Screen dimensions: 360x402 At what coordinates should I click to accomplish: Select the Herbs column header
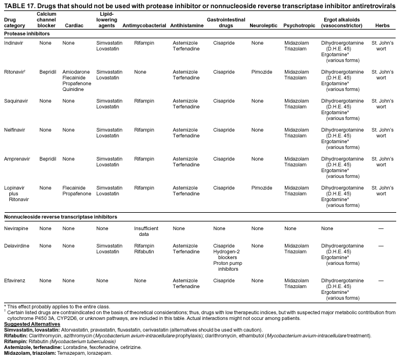pyautogui.click(x=382, y=26)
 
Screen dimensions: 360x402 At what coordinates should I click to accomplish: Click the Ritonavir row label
pyautogui.click(x=15, y=72)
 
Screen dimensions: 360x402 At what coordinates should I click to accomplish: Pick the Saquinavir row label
pyautogui.click(x=16, y=101)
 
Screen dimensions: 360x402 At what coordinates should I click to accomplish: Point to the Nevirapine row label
pyautogui.click(x=16, y=228)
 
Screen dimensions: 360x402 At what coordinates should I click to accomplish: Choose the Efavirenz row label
pyautogui.click(x=15, y=281)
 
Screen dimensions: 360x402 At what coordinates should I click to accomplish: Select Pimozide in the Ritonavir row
pyautogui.click(x=262, y=72)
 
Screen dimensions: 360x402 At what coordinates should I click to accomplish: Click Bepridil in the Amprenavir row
pyautogui.click(x=48, y=159)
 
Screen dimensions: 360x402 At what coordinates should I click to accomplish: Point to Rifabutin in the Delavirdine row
pyautogui.click(x=144, y=252)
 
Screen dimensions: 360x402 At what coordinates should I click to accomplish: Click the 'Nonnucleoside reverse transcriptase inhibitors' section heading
pyautogui.click(x=60, y=217)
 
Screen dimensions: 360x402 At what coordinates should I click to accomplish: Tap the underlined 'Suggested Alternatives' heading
pyautogui.click(x=32, y=324)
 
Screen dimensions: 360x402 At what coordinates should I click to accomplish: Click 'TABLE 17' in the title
pyautogui.click(x=19, y=5)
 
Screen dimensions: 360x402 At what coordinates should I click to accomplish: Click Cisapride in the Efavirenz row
pyautogui.click(x=224, y=281)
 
